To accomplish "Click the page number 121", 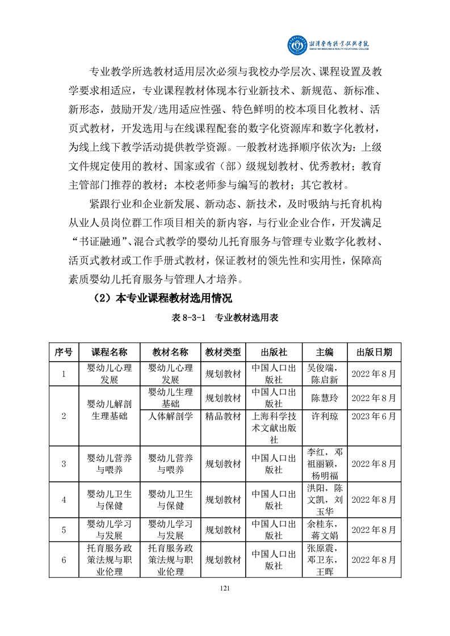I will click(x=225, y=588).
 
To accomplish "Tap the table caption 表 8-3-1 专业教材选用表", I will click(x=225, y=319).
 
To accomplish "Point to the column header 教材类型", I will click(x=223, y=352).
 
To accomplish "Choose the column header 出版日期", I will click(x=374, y=352).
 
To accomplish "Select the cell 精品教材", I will click(x=223, y=417).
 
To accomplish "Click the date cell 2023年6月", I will click(x=374, y=417).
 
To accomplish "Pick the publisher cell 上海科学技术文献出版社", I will click(x=274, y=428).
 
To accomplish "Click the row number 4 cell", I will click(x=64, y=500).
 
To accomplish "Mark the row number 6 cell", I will click(x=64, y=560).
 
